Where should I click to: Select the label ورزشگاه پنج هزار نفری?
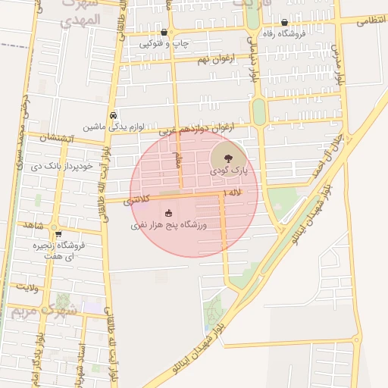click(168, 225)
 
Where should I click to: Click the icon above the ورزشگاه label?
click(168, 213)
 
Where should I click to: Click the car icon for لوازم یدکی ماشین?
click(113, 116)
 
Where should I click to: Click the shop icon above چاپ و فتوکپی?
click(164, 33)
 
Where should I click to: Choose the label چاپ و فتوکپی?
click(164, 44)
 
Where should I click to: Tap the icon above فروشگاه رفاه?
click(284, 23)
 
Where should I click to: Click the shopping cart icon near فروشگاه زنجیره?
click(58, 234)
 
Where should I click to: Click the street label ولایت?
click(23, 287)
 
